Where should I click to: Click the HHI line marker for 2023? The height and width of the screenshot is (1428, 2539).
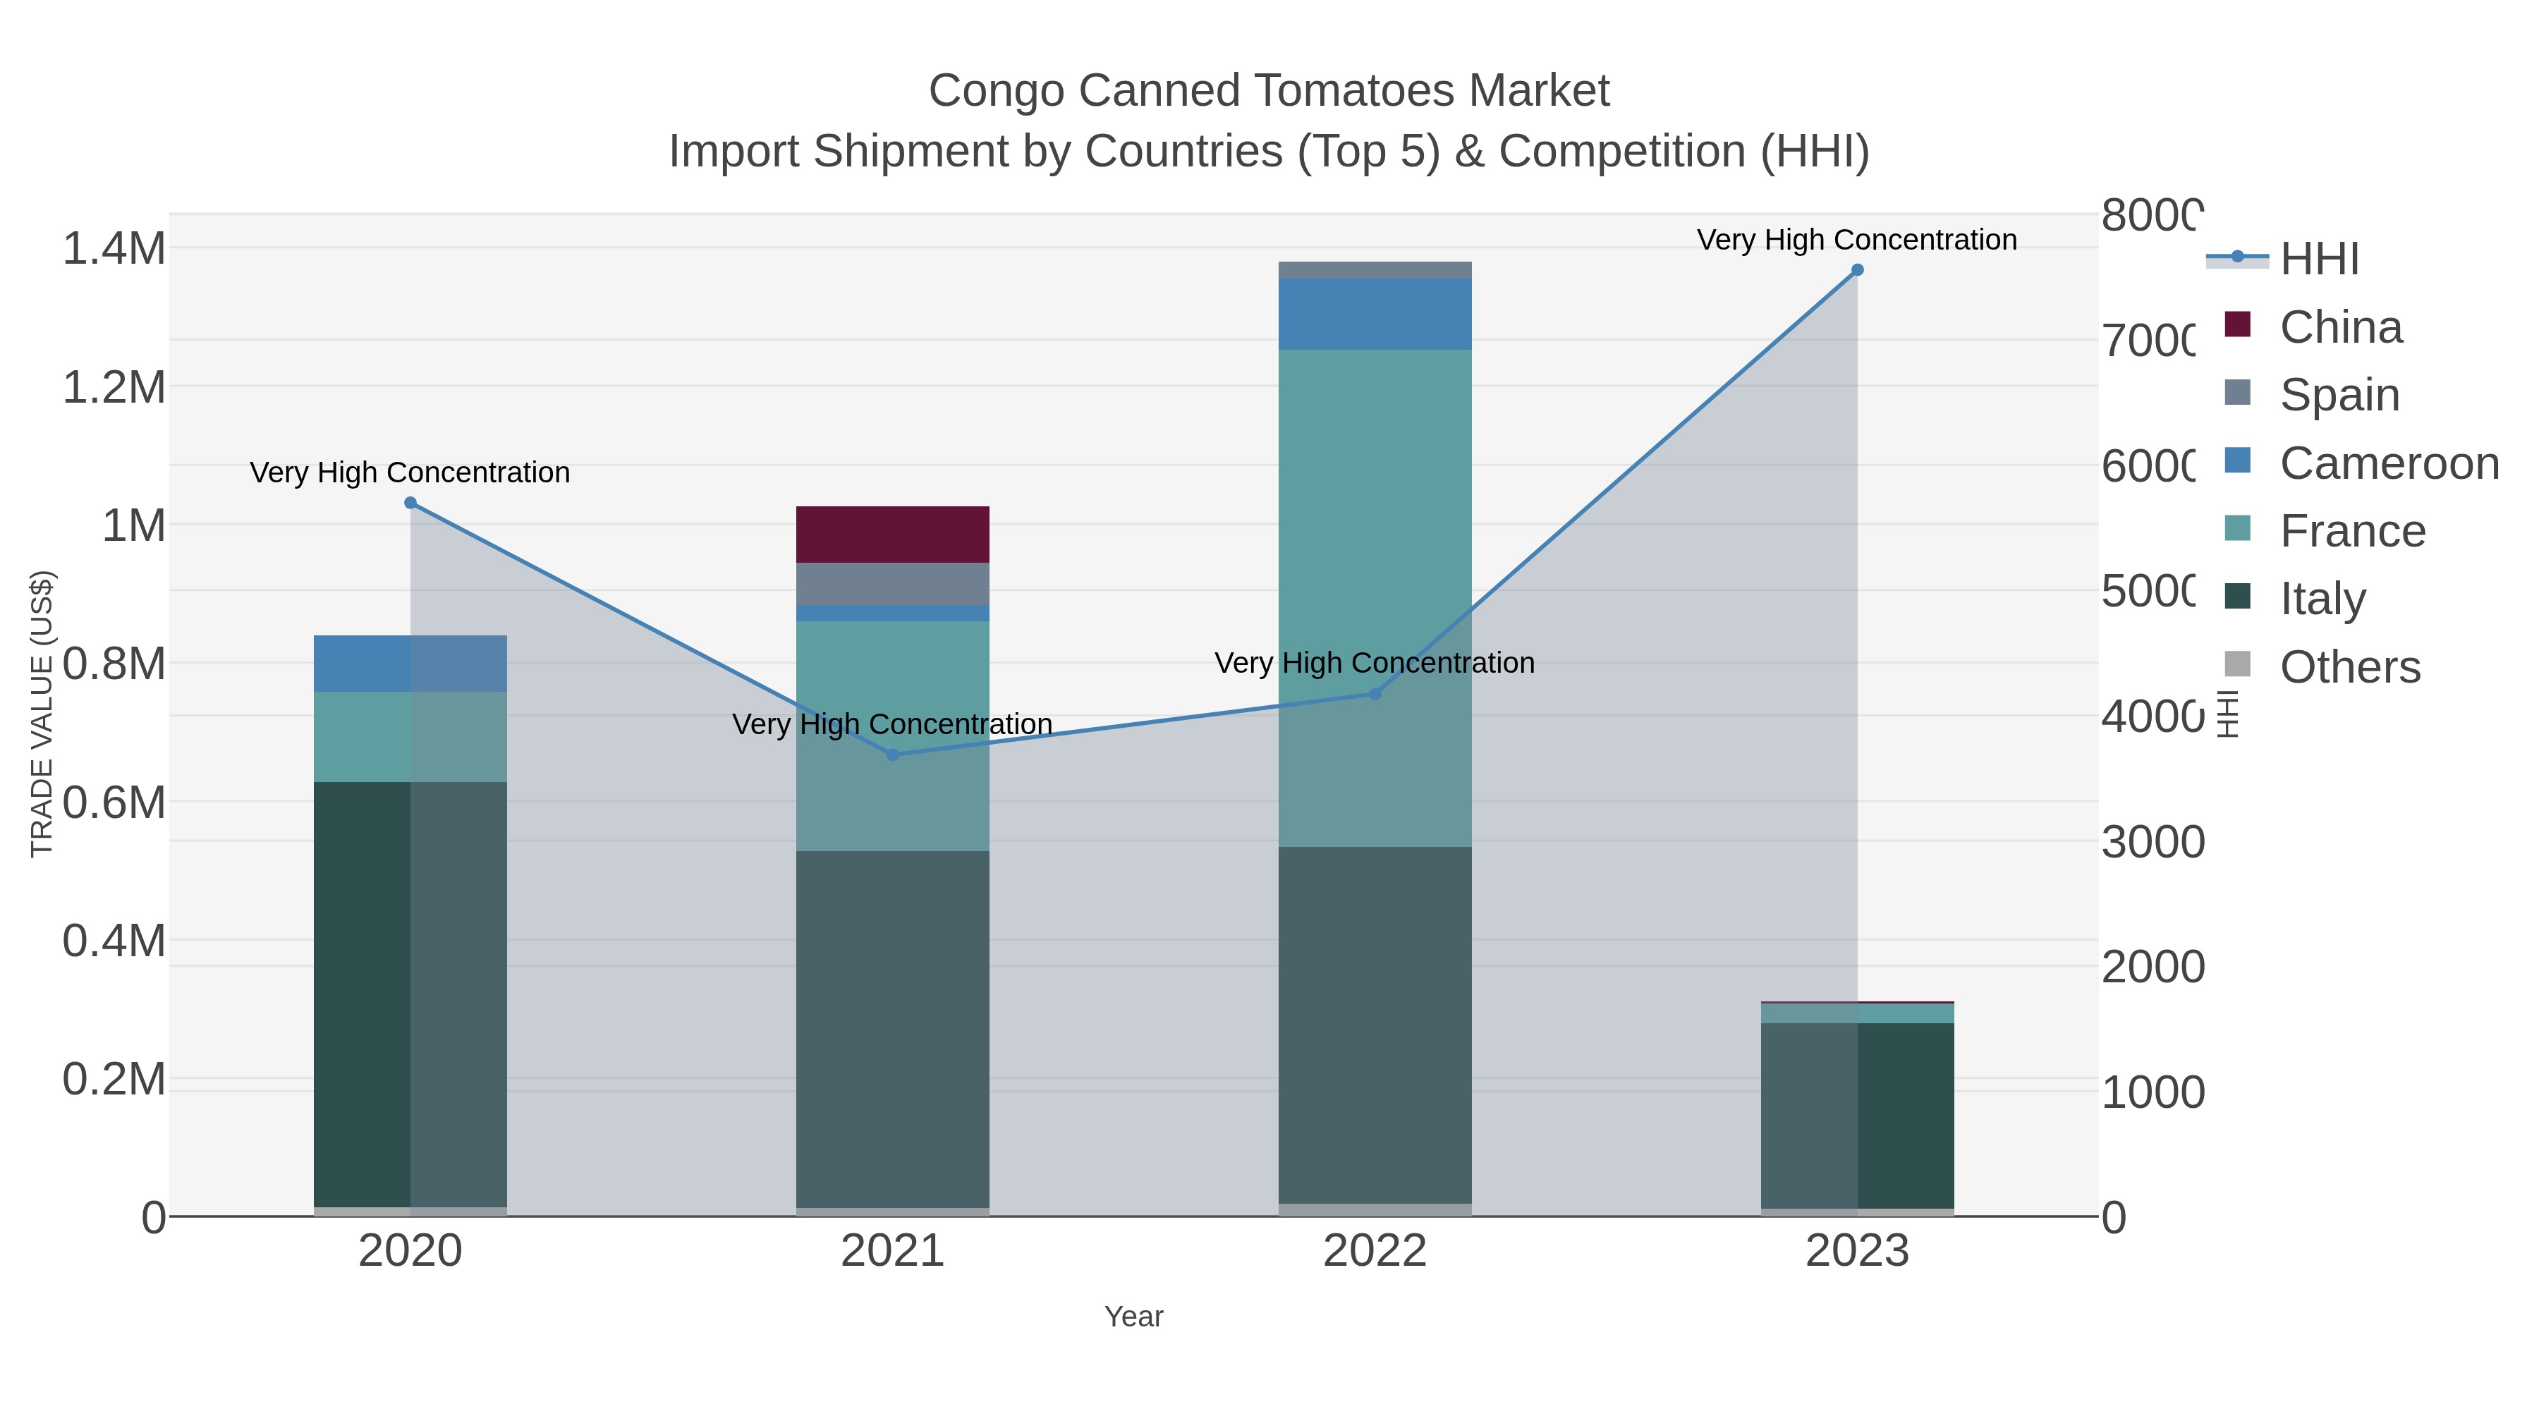1857,270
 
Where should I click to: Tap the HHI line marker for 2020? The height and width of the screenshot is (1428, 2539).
411,503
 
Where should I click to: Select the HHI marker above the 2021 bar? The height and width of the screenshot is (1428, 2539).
893,755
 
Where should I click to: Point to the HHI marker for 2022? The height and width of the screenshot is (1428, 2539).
1375,694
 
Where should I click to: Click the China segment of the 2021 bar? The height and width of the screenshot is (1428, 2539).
892,534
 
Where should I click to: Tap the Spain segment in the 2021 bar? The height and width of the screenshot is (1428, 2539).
892,583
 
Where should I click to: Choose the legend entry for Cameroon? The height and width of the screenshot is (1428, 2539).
2389,463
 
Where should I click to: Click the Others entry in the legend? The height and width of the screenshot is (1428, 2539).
2350,667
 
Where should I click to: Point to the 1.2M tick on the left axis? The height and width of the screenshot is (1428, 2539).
114,387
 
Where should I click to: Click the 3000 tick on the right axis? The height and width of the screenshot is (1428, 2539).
2152,843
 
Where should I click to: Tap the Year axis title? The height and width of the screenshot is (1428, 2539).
1133,1317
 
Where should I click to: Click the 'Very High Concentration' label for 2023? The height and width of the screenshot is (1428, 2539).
1856,240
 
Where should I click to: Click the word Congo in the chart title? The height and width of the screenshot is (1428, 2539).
997,91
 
